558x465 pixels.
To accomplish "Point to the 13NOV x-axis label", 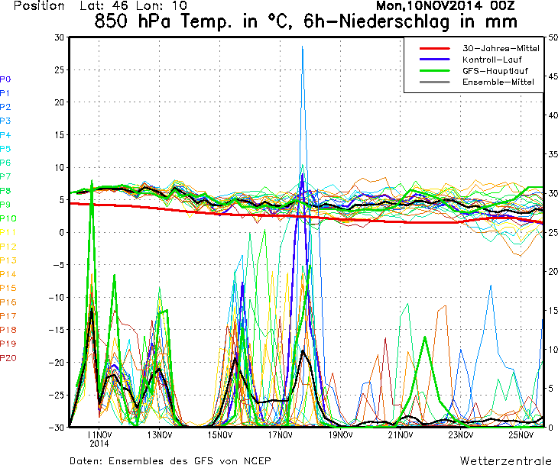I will click(x=159, y=435).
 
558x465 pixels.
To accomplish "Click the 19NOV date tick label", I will click(x=340, y=435).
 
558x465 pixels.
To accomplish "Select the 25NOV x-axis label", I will click(x=521, y=435).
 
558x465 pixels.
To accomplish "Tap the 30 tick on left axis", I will click(x=59, y=37).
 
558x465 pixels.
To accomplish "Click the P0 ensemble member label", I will click(x=5, y=79).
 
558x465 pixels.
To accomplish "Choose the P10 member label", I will click(x=8, y=218).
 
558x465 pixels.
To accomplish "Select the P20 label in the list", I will click(x=8, y=358).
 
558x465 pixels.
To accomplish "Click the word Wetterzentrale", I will click(x=505, y=460).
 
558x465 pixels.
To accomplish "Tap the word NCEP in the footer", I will click(x=255, y=460).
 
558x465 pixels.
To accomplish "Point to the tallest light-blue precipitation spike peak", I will click(x=303, y=47).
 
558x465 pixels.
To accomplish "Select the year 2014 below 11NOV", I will click(x=99, y=443).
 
